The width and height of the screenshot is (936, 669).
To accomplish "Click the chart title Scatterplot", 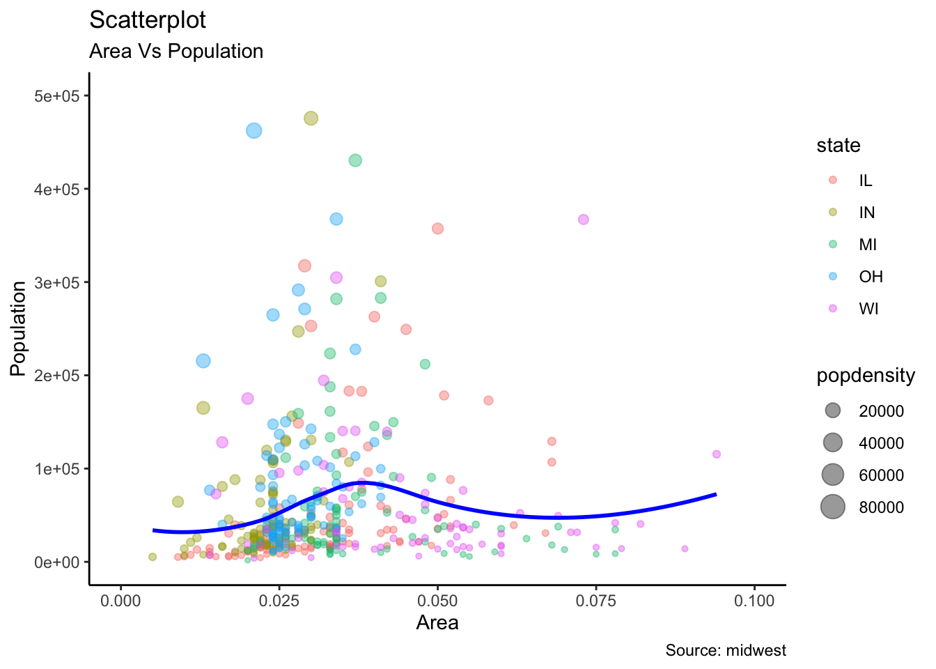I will pyautogui.click(x=148, y=20).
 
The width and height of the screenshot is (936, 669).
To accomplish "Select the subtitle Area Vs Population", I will pyautogui.click(x=176, y=52).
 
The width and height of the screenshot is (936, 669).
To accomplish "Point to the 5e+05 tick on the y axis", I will pyautogui.click(x=61, y=96).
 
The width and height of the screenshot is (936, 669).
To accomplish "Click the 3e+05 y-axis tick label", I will pyautogui.click(x=61, y=282).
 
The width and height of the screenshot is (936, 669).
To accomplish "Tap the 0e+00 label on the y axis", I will pyautogui.click(x=61, y=562).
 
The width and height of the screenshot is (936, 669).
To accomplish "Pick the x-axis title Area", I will pyautogui.click(x=437, y=623).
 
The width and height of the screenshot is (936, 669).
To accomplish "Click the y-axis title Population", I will pyautogui.click(x=19, y=328).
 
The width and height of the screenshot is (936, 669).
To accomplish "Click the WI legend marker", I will pyautogui.click(x=832, y=309).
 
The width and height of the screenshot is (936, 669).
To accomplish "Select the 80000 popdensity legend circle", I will pyautogui.click(x=832, y=507).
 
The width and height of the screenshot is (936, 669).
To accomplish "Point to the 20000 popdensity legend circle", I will pyautogui.click(x=832, y=411).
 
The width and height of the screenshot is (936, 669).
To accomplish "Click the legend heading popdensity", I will pyautogui.click(x=866, y=376).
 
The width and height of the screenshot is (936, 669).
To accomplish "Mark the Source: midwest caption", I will pyautogui.click(x=726, y=651).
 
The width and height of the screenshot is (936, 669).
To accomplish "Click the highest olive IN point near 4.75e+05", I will pyautogui.click(x=311, y=118).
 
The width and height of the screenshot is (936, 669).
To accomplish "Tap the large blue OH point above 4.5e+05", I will pyautogui.click(x=254, y=130).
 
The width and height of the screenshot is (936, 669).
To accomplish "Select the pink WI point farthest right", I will pyautogui.click(x=716, y=454).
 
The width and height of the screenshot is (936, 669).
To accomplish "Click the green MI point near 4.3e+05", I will pyautogui.click(x=355, y=160).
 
